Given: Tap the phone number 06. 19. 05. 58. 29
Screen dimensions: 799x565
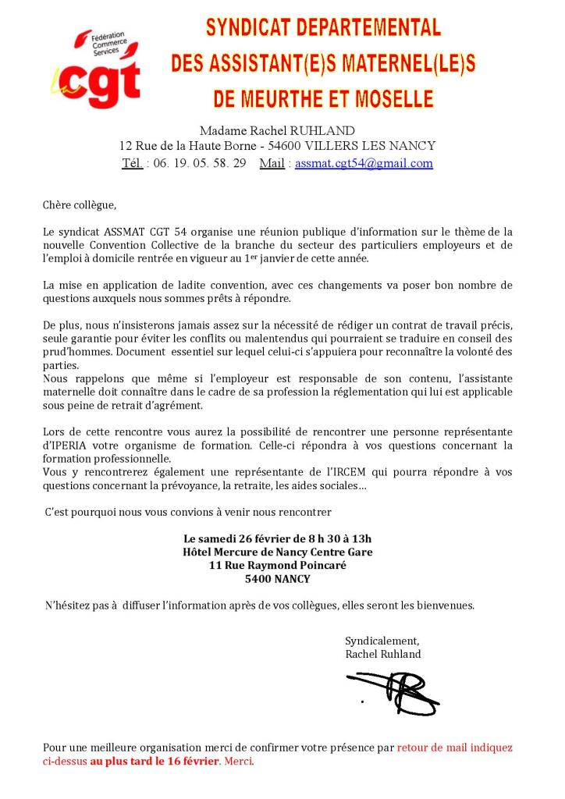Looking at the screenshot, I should coord(199,163).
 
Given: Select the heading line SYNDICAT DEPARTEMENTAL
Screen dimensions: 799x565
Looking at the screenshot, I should coord(323,29).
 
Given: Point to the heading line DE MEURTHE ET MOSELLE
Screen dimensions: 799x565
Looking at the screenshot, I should coord(323,99).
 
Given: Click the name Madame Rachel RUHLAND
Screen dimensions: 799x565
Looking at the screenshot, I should coord(277,130).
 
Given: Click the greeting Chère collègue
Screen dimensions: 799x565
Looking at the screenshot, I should coord(79,205).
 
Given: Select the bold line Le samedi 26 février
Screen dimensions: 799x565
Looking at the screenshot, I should coord(277,538).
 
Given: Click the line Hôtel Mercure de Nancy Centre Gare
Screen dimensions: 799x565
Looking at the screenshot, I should coord(277,552).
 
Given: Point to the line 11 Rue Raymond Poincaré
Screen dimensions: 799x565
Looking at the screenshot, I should coord(277,565).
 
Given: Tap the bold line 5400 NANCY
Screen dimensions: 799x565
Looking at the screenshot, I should coord(277,578).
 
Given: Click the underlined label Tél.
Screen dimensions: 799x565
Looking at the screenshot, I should coord(132,163).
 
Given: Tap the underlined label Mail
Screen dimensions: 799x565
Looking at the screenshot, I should coord(272,163).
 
